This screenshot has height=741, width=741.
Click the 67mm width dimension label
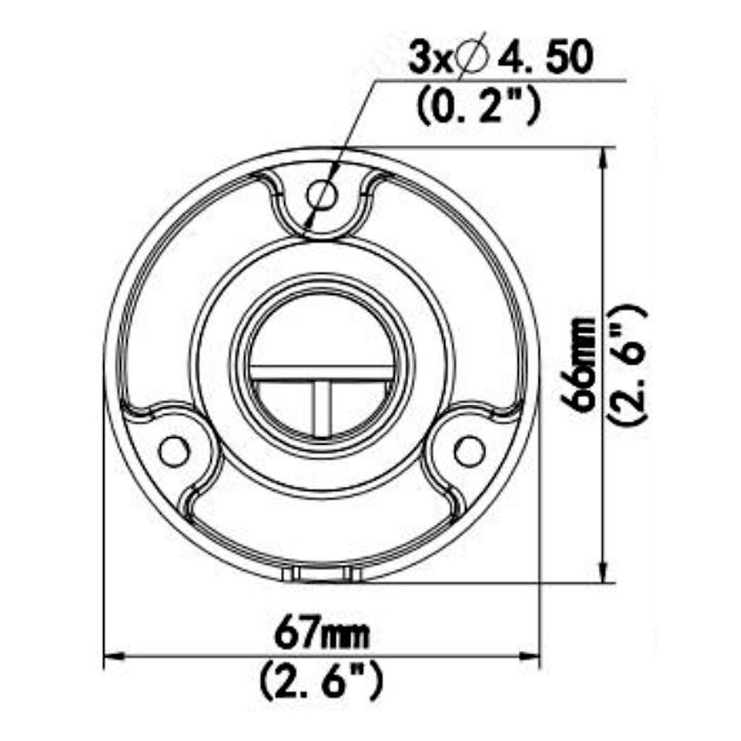[323, 634]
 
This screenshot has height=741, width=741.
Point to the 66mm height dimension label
[582, 364]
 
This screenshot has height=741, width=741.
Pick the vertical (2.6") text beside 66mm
[629, 364]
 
